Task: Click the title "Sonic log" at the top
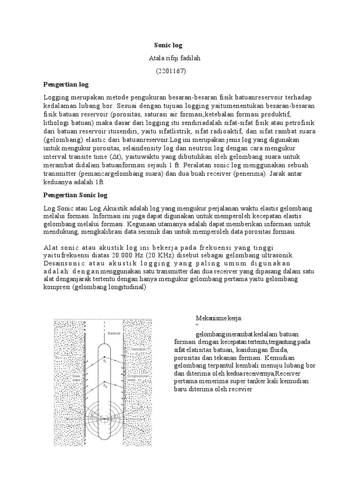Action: click(x=168, y=45)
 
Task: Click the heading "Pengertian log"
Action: click(x=66, y=84)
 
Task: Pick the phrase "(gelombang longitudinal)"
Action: click(x=109, y=287)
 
